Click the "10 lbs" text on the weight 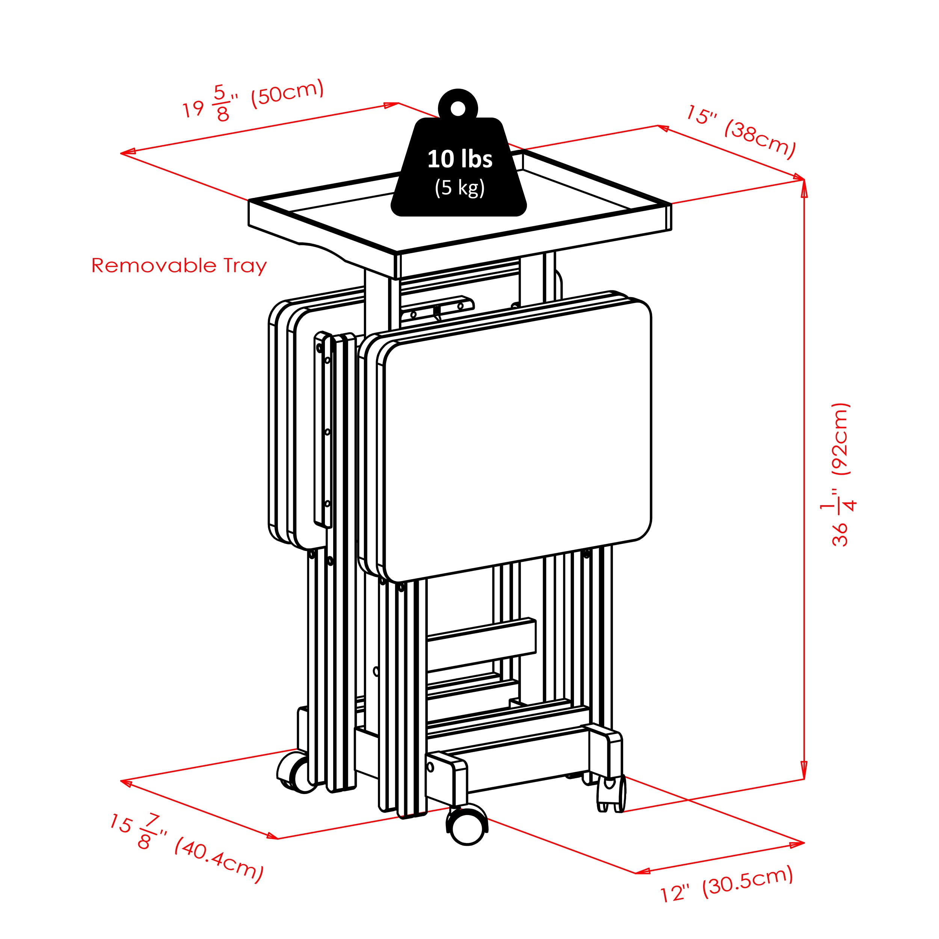point(460,159)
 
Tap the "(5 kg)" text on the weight point(460,187)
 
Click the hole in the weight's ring point(458,109)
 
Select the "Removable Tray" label point(179,266)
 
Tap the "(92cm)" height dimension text point(840,438)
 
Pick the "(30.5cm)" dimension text point(748,880)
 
